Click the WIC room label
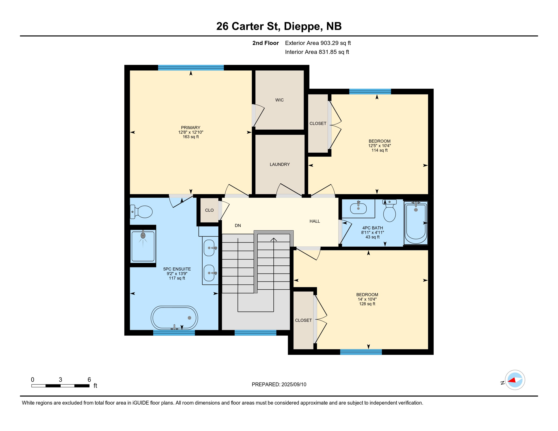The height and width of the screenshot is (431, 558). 279,100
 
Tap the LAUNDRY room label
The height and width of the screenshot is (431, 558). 280,164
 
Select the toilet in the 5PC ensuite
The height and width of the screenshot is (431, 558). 142,212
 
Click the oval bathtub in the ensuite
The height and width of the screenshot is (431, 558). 174,318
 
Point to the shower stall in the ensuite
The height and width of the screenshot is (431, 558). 143,246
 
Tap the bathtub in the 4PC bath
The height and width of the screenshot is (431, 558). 415,223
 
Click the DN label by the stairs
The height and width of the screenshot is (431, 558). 238,226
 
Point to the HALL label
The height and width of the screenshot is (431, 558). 315,221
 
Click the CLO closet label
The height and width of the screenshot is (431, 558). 209,210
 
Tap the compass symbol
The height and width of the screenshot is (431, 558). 515,380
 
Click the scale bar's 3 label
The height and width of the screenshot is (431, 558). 60,380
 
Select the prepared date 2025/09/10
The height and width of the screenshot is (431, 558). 294,384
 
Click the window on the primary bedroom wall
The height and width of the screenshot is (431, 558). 191,68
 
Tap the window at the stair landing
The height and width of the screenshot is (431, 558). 255,333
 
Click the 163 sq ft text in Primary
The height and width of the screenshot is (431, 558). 191,137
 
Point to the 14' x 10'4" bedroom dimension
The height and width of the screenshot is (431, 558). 367,299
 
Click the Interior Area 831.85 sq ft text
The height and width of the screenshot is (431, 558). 317,52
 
